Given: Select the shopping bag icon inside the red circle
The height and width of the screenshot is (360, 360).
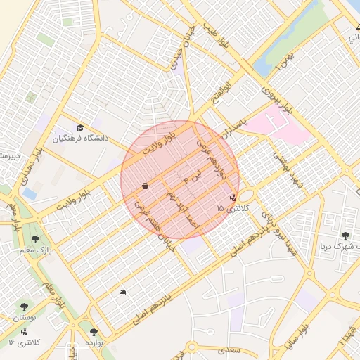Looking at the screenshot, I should (145, 186).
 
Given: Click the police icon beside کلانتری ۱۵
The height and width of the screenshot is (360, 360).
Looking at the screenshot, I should (233, 197).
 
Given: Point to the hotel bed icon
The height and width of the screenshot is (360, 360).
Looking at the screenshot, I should (123, 292).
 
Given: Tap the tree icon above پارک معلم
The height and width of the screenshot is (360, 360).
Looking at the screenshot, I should (35, 238).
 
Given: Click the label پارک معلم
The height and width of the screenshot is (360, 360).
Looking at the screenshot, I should (39, 250).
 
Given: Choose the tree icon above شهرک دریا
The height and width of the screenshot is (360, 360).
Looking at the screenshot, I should (345, 236).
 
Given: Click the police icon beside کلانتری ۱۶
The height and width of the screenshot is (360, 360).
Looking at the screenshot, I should (25, 331).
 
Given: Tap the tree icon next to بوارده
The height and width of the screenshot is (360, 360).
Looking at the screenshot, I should (94, 332).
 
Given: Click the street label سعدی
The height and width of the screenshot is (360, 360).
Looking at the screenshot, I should (229, 349).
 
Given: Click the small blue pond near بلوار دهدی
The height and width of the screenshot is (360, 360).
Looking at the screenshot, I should (30, 192).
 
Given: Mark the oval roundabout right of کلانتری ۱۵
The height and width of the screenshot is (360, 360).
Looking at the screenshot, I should (247, 195).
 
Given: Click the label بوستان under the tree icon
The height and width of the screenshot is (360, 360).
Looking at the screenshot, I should (25, 319).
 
